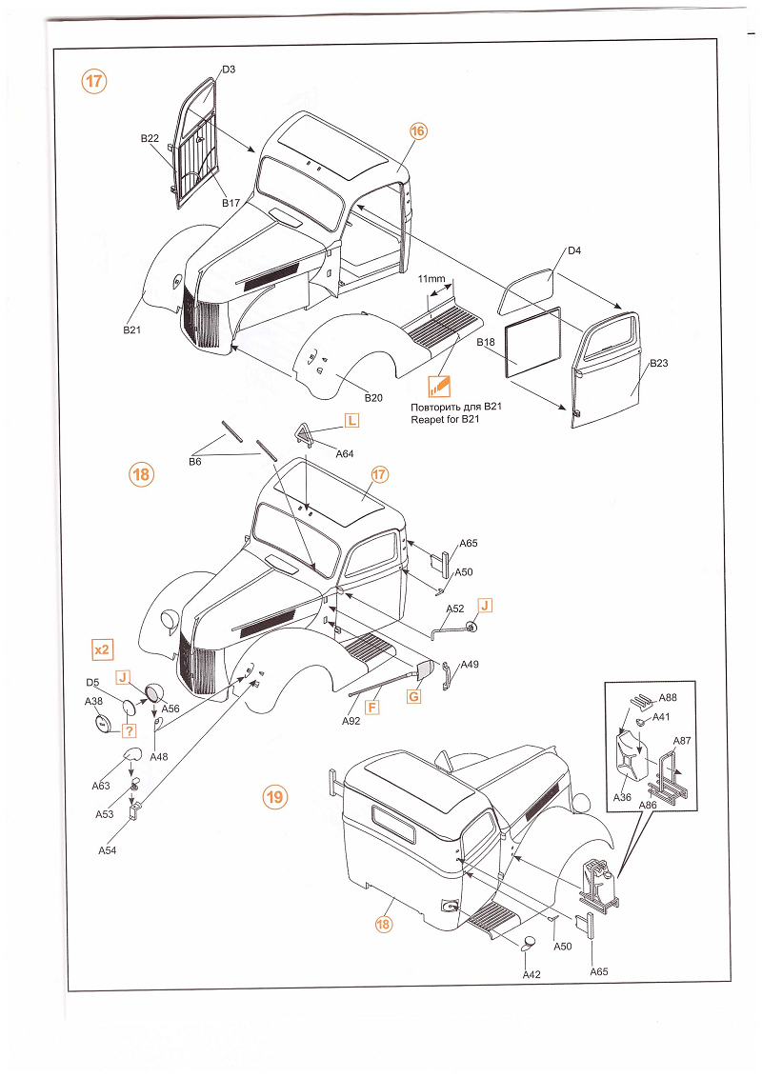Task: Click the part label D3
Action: [x=229, y=70]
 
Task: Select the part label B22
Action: [x=150, y=139]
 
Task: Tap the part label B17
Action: [x=231, y=203]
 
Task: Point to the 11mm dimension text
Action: [x=431, y=279]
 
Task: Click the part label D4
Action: [x=574, y=251]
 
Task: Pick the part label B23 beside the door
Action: [x=659, y=364]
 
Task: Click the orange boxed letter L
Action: [x=351, y=421]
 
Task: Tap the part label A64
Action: [x=345, y=454]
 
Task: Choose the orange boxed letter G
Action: [x=413, y=696]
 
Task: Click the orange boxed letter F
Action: [x=372, y=707]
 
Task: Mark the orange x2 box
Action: [x=102, y=649]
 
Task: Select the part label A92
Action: [x=351, y=722]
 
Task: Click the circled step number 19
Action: [x=274, y=797]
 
